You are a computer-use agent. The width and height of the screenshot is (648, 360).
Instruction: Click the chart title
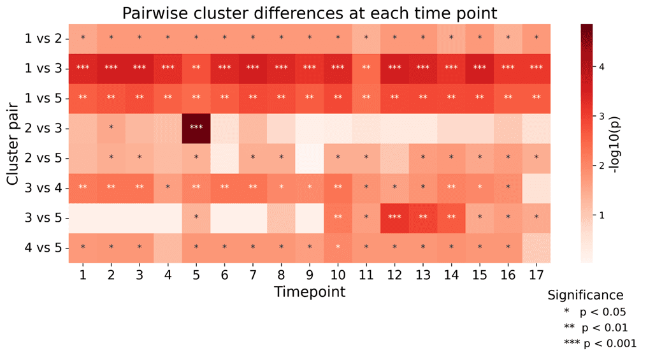[310, 13]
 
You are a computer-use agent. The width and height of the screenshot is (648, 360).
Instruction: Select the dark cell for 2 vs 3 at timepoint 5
[196, 127]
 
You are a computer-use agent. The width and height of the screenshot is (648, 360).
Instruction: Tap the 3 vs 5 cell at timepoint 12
[394, 217]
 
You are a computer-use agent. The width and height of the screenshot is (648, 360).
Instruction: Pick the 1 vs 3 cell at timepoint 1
[83, 68]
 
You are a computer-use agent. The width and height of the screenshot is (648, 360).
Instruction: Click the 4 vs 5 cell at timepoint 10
[338, 247]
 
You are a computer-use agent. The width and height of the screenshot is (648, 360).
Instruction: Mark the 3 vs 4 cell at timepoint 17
[536, 187]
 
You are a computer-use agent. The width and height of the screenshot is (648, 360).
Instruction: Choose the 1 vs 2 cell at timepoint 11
[366, 38]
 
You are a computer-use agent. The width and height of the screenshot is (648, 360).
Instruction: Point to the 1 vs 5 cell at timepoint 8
[281, 97]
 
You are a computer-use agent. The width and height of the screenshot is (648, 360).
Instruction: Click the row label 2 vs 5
[43, 157]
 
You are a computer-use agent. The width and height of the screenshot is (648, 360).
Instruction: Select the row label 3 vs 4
[43, 187]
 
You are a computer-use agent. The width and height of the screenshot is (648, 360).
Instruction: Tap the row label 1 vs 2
[43, 38]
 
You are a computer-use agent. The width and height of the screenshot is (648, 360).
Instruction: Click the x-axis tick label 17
[536, 274]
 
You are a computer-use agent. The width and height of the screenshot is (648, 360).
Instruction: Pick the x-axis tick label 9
[310, 274]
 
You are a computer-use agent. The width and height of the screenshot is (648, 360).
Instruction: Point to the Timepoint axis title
[310, 292]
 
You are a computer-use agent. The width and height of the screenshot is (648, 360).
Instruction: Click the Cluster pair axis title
[13, 143]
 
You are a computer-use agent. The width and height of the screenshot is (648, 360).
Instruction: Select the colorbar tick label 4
[601, 67]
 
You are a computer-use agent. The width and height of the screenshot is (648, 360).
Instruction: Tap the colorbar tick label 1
[601, 215]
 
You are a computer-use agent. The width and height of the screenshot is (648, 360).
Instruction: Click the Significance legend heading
[586, 295]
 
